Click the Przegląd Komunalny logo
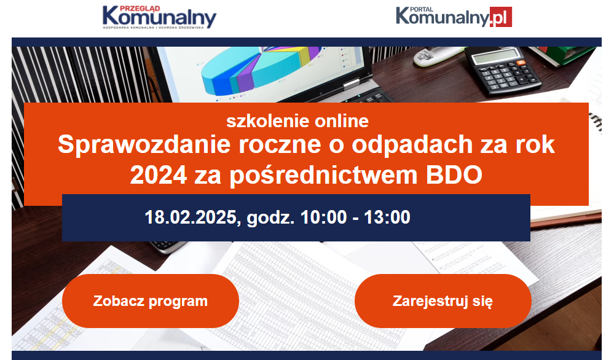click(159, 17)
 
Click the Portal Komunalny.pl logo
click(454, 17)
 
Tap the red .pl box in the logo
click(501, 17)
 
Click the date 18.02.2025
click(191, 217)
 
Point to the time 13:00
click(387, 217)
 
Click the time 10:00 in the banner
click(323, 217)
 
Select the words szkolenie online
click(297, 121)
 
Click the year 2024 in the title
click(159, 175)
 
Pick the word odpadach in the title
click(412, 144)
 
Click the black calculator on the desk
click(502, 71)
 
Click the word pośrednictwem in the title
click(323, 175)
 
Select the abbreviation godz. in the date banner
click(270, 218)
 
